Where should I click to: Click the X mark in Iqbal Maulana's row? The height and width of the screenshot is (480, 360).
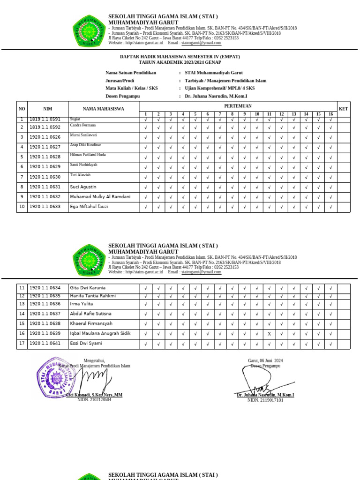[x=269, y=334]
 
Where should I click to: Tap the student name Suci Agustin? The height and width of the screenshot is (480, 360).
[x=83, y=187]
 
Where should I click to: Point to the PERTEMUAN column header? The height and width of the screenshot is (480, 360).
[x=238, y=106]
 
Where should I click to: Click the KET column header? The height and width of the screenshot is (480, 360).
[x=343, y=109]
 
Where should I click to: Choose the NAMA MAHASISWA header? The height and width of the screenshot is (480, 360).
[x=104, y=109]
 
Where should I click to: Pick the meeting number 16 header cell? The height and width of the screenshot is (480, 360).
[x=330, y=114]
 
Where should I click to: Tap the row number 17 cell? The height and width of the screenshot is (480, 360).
[x=22, y=344]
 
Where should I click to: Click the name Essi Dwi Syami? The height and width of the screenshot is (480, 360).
[x=86, y=344]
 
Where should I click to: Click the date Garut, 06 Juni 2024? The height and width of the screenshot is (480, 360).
[x=265, y=361]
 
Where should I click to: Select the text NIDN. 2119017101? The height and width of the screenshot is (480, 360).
[x=265, y=401]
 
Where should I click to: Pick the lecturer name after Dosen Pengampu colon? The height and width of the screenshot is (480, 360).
[x=216, y=96]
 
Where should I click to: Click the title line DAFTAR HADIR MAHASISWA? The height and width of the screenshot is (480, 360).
[x=180, y=57]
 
